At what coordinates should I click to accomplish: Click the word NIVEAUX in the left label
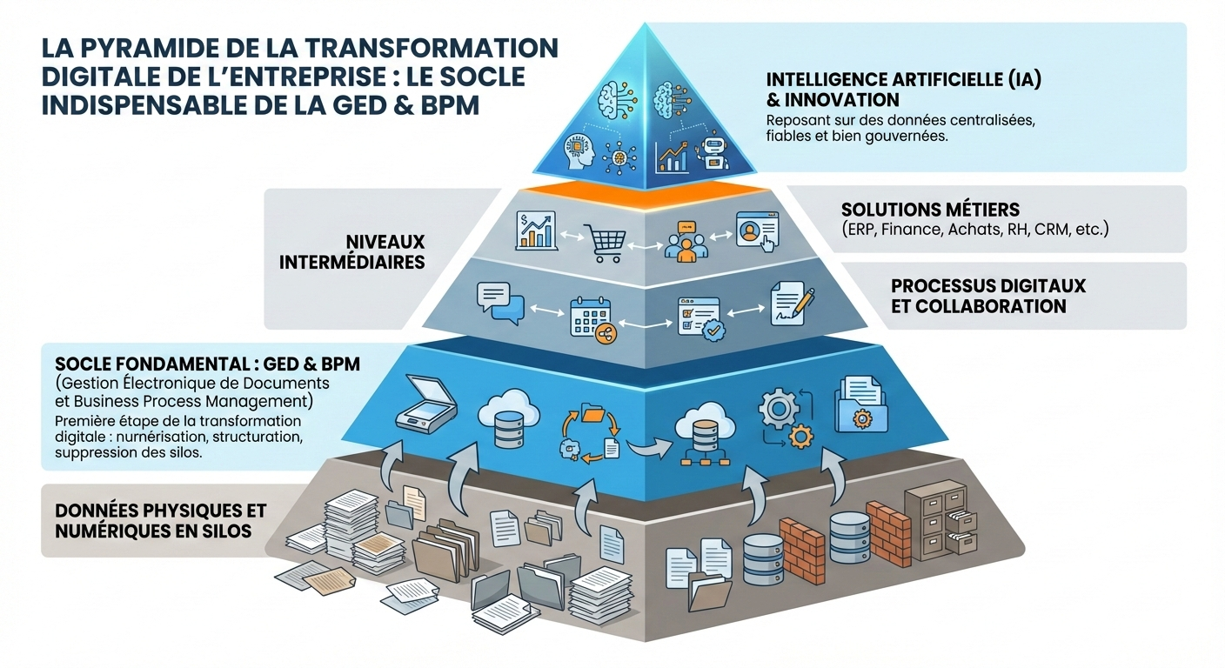384,241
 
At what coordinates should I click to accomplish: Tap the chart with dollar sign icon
536,230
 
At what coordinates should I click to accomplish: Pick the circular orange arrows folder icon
587,430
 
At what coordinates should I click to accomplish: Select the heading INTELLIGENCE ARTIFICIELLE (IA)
903,79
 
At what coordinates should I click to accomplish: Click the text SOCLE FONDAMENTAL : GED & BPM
207,364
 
